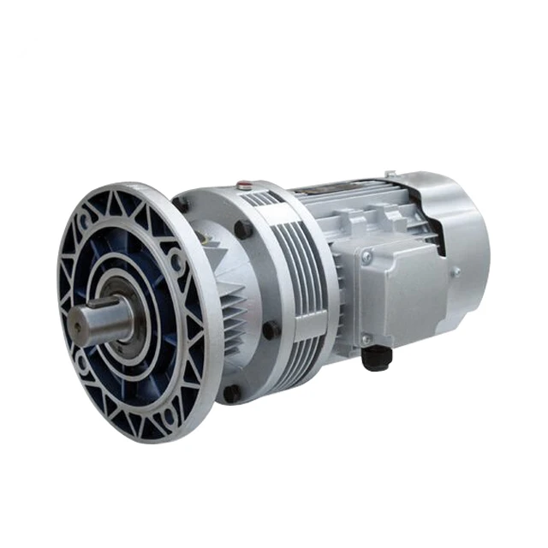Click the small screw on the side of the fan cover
(x=456, y=271)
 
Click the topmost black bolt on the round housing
(x=182, y=204)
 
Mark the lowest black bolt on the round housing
(x=231, y=395)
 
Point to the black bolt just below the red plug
(x=244, y=229)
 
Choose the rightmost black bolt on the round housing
(x=272, y=330)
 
